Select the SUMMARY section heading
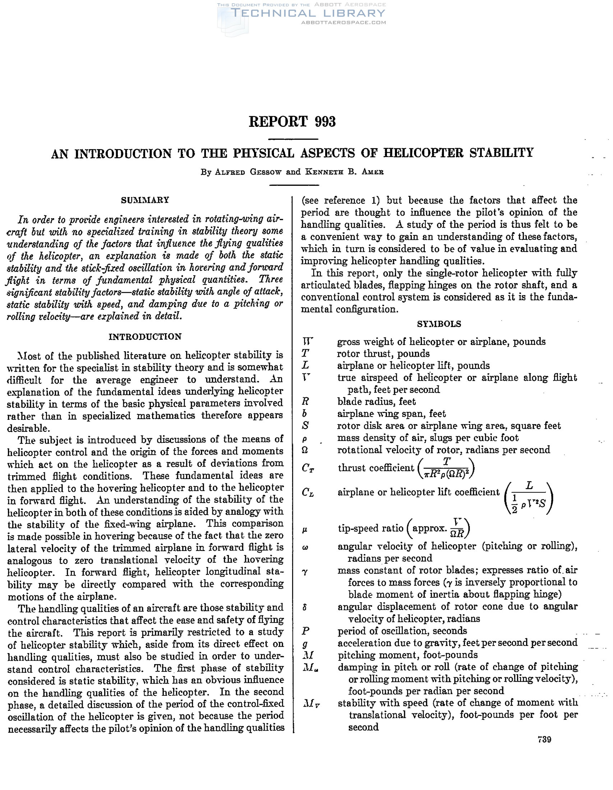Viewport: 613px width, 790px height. [145, 200]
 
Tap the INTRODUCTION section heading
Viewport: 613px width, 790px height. [145, 336]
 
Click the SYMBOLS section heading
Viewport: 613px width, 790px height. [439, 324]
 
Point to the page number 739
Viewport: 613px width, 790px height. [544, 739]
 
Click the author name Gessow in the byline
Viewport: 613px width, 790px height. [266, 172]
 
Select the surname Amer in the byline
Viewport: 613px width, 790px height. [371, 172]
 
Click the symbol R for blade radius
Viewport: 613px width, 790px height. [305, 401]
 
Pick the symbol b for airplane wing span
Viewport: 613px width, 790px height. [305, 413]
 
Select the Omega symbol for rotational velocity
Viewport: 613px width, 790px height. [305, 450]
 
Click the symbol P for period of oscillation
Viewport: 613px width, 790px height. [305, 631]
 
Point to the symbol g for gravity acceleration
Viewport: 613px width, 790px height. [305, 644]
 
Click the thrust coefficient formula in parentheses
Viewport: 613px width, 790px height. [446, 468]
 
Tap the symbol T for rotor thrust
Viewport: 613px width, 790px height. [305, 353]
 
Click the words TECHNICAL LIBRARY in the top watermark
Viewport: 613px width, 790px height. [308, 13]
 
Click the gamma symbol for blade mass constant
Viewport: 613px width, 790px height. [305, 572]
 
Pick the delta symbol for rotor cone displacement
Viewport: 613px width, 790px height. [305, 607]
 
